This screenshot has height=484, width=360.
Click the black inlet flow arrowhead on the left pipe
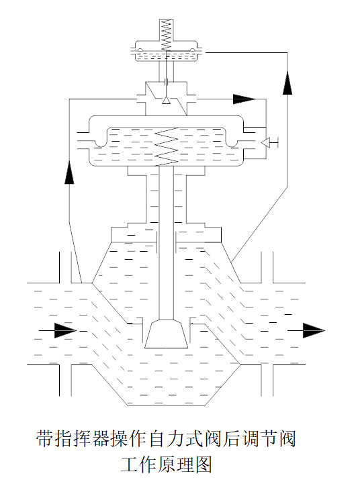pos(65,330)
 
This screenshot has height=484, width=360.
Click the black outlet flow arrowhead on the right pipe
pos(314,330)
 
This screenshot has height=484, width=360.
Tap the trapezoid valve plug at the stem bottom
pos(166,334)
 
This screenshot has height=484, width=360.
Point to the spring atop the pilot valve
pos(166,35)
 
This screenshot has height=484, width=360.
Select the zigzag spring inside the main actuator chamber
pos(167,147)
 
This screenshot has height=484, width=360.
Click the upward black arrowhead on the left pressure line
pos(69,173)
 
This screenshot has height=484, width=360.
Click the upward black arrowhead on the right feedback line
pos(287,83)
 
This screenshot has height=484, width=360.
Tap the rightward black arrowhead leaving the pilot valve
pos(244,99)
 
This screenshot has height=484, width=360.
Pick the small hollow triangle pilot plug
pos(166,101)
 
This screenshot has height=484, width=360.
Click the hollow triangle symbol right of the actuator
pos(265,142)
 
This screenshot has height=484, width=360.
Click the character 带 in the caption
pos(45,438)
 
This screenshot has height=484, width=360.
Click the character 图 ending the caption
pos(204,465)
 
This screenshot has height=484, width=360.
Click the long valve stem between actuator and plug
pos(166,243)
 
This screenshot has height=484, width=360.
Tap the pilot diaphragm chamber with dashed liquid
pos(166,56)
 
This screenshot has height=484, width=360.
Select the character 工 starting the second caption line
pos(130,465)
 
